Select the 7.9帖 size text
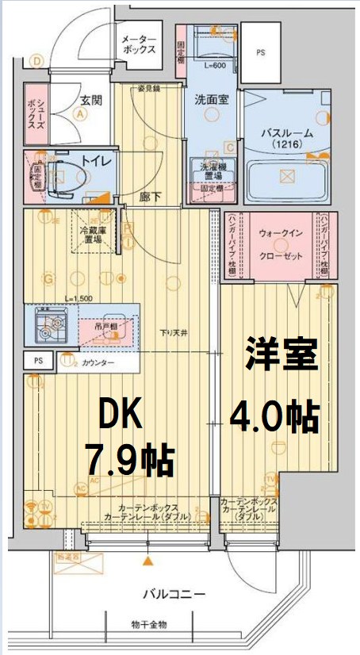(x=130, y=458)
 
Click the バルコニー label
(x=174, y=594)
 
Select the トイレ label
(x=100, y=161)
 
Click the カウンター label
(x=98, y=362)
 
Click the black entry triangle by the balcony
(x=147, y=562)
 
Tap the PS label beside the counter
(x=38, y=361)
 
